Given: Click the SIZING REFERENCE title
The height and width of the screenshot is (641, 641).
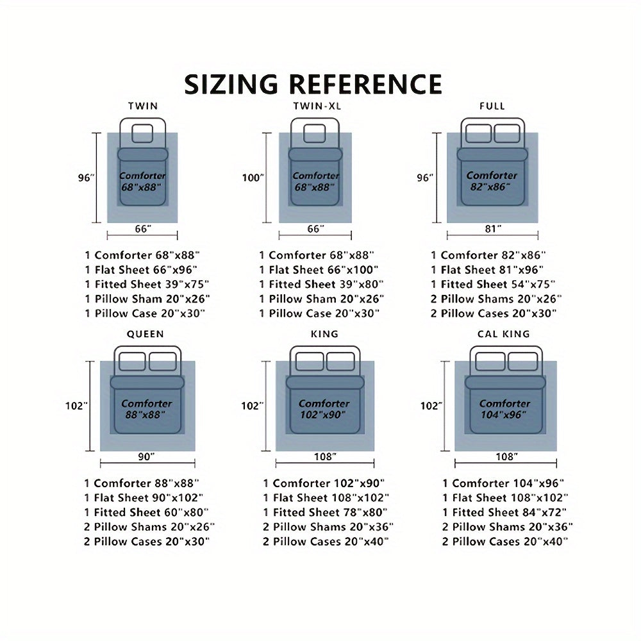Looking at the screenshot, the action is [x=313, y=85].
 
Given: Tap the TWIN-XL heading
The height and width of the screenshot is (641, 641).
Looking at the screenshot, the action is [x=317, y=106].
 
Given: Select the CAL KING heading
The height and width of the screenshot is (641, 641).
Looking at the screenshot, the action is [x=504, y=334].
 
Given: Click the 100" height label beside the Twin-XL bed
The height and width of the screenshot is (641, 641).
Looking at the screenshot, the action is [x=253, y=178].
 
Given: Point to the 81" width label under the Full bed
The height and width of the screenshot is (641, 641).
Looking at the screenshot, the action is [x=493, y=229].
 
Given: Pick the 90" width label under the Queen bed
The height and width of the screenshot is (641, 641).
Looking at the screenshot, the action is [x=146, y=456].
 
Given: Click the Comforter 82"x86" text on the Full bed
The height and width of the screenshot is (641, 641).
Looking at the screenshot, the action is [x=492, y=181].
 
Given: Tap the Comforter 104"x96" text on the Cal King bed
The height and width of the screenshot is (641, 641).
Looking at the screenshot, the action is [x=504, y=409].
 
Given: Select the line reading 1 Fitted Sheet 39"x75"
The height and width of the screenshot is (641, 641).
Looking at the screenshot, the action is [x=147, y=284].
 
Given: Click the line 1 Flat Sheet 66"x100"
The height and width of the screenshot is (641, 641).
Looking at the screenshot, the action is [x=319, y=270].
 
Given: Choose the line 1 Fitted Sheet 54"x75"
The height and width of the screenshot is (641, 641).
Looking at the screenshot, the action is [x=493, y=284].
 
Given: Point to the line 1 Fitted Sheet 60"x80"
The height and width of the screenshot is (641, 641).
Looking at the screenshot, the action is [x=146, y=512].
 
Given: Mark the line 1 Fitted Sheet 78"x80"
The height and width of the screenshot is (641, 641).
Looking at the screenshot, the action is [x=325, y=512].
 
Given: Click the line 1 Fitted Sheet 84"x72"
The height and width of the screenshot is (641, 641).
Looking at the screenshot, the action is [x=504, y=512].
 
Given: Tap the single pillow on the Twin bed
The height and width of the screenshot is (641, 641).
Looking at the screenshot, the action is [x=143, y=133].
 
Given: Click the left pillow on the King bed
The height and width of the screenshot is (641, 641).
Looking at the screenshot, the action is [x=310, y=362].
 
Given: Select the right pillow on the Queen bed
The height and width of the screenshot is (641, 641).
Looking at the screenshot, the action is [x=163, y=362].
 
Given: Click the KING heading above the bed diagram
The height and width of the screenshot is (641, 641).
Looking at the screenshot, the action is [x=324, y=334].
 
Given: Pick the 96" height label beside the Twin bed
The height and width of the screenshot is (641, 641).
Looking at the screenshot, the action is [x=87, y=178].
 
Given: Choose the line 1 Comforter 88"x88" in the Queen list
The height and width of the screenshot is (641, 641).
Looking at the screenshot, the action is [x=142, y=483].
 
